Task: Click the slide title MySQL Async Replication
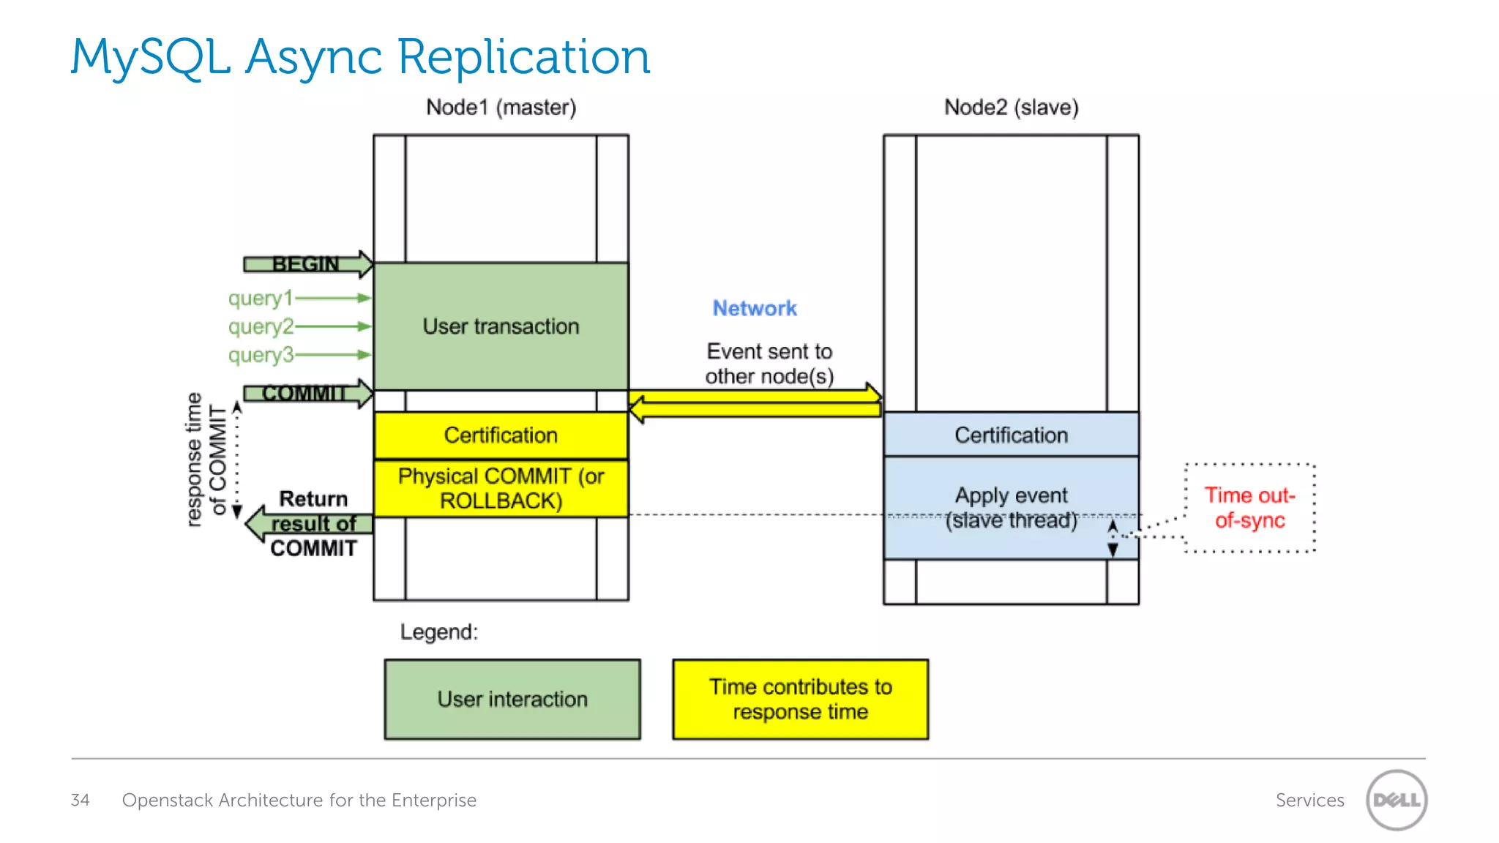[360, 57]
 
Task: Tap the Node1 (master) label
[501, 108]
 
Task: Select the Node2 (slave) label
[1011, 108]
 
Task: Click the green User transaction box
[501, 326]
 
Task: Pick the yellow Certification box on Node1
[501, 435]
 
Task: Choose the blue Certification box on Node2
[1011, 435]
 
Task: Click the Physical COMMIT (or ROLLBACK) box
[501, 488]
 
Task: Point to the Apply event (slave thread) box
[1011, 508]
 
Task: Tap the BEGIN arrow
[307, 264]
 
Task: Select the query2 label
[261, 326]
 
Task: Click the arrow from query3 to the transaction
[333, 355]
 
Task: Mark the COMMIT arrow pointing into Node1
[307, 394]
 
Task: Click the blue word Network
[755, 308]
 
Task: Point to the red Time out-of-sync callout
[1249, 508]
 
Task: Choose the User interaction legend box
[512, 700]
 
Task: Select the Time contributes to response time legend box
[800, 700]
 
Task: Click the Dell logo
[1397, 800]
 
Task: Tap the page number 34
[80, 800]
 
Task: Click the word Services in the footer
[1309, 800]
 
